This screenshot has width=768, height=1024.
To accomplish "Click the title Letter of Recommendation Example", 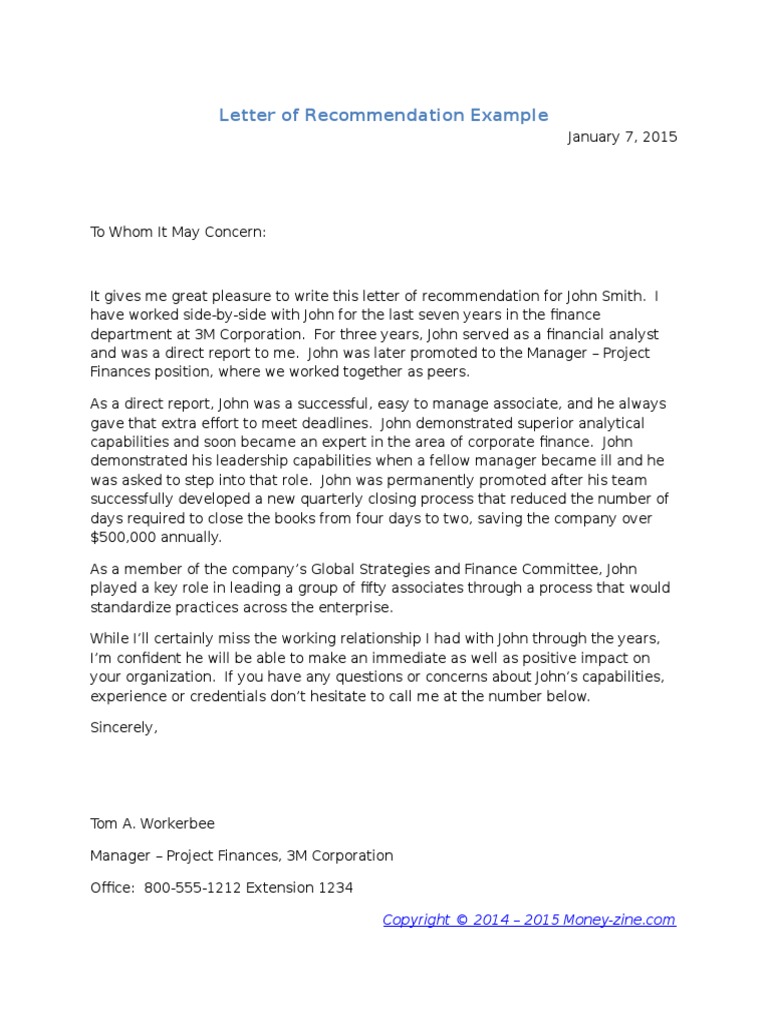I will pos(384,115).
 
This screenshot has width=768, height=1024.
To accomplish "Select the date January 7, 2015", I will pos(622,137).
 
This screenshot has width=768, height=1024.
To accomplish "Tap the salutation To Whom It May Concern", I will pos(179,232).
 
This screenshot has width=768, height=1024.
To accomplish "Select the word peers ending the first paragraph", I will pos(445,371).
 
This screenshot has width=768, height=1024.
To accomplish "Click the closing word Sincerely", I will pos(123,727).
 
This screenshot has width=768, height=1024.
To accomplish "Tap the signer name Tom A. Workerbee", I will pos(152,823).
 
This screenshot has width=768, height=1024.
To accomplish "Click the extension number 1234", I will pos(333,887).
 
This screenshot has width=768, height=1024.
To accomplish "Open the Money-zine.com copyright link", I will pos(529,919).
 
